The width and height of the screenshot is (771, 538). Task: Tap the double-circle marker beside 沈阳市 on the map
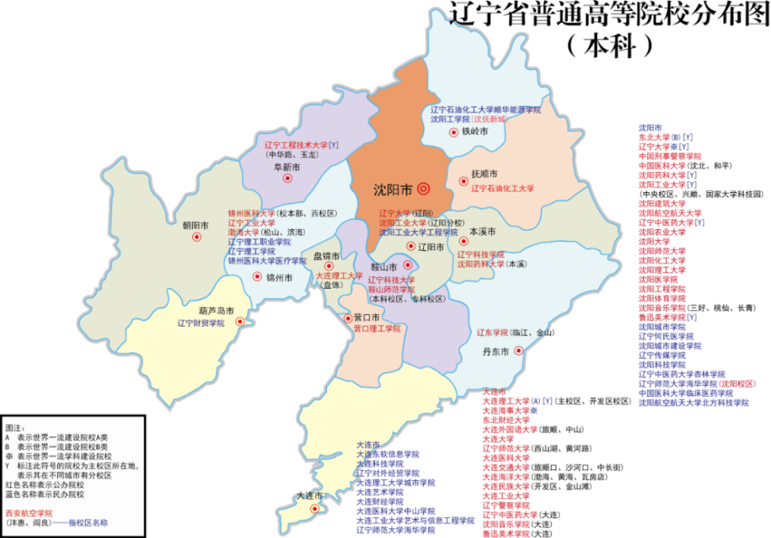coord(423,188)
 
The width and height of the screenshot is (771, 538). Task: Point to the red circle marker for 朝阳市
coord(196,237)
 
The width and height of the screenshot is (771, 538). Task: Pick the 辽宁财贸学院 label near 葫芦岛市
coord(200,323)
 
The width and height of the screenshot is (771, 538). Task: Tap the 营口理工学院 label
coord(377,329)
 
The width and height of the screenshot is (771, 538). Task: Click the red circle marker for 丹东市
coord(518,350)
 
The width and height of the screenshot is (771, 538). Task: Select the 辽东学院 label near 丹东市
coord(491,333)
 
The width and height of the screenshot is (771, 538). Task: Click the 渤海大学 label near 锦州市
coord(244,232)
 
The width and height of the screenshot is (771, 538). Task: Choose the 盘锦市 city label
coord(325,255)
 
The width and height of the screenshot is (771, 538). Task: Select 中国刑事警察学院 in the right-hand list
coord(669,156)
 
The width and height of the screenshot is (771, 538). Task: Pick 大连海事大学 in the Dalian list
coord(507,411)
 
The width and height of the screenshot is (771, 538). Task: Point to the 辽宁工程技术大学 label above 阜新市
coord(295,144)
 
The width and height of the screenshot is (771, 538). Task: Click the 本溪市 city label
coord(483,232)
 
